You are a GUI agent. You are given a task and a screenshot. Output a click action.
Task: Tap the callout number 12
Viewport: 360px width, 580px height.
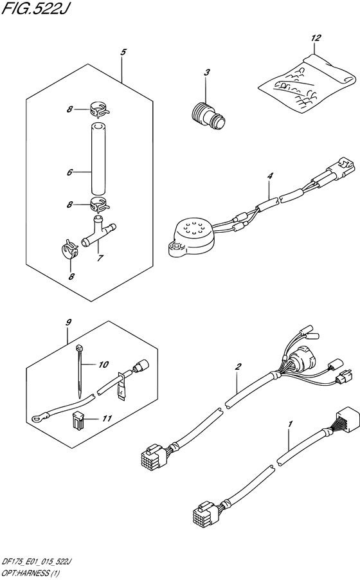[315, 39]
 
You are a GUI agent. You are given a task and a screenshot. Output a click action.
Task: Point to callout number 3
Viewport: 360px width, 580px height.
[207, 73]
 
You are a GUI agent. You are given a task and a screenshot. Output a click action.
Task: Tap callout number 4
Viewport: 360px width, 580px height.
[271, 174]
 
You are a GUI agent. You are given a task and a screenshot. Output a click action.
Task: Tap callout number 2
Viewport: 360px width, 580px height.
[238, 367]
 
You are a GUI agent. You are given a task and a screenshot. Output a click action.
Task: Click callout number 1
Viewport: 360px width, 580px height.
[290, 424]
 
